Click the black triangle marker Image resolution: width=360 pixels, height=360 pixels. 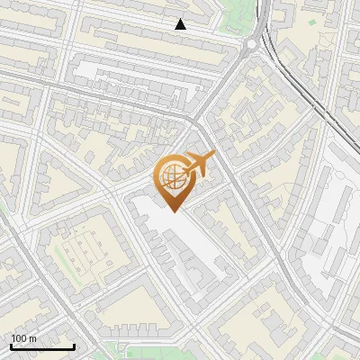tap(181, 24)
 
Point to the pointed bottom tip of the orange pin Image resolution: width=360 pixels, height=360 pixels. tap(172, 211)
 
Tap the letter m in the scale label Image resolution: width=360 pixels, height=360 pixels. tap(33, 338)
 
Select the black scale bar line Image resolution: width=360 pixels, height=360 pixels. tap(42, 346)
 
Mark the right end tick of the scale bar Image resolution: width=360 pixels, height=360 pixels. tap(74, 345)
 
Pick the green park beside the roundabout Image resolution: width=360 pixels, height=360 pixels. tap(236, 13)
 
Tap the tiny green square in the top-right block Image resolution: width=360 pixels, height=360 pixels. tap(311, 21)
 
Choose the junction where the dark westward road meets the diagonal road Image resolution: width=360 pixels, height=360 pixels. tap(193, 117)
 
